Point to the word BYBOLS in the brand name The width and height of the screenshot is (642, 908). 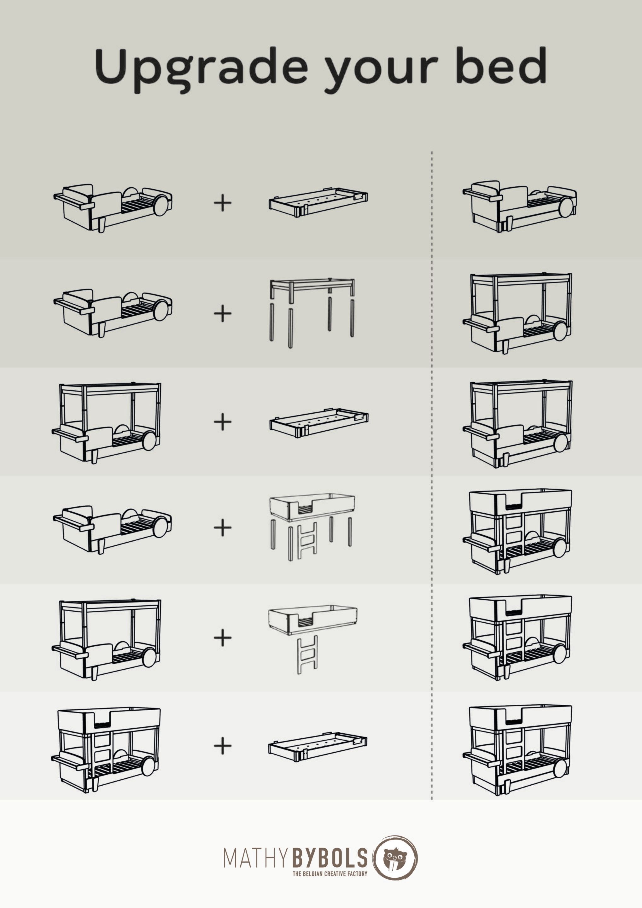(x=330, y=858)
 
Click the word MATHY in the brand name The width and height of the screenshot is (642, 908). (x=257, y=858)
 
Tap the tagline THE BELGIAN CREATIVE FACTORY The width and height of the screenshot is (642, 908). (x=330, y=874)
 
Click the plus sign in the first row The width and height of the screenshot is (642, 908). (x=223, y=203)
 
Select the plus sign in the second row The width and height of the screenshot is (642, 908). (x=223, y=313)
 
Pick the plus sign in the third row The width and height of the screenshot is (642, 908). (x=223, y=422)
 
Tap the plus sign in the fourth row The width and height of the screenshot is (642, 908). (x=223, y=528)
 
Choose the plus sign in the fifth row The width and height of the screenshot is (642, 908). (x=223, y=638)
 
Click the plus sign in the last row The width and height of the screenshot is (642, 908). (x=223, y=746)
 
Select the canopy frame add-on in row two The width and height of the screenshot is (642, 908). (x=312, y=312)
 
